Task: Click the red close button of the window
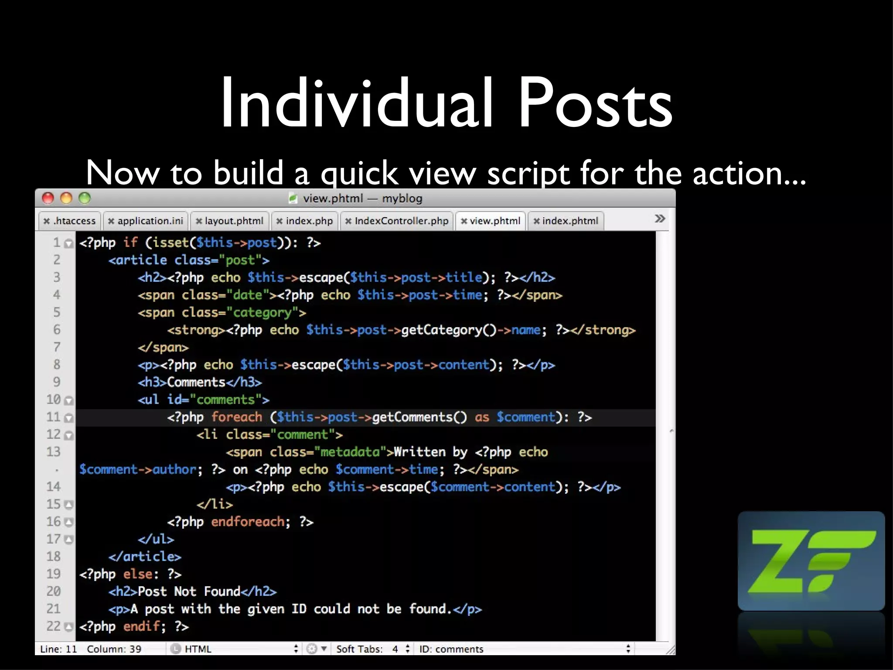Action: click(48, 198)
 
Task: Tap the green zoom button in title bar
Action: click(85, 198)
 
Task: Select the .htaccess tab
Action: click(70, 221)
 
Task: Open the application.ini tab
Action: click(146, 221)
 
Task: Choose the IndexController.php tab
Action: click(397, 221)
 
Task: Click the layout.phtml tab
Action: click(230, 221)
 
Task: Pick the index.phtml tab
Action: click(566, 221)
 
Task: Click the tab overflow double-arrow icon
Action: click(660, 219)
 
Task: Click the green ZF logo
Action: click(811, 561)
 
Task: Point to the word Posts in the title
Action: click(595, 104)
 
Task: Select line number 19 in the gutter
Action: click(54, 574)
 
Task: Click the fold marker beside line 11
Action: click(68, 418)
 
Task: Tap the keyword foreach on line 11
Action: click(237, 417)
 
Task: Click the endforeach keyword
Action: click(248, 522)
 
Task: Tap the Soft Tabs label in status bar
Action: click(359, 649)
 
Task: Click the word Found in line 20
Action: click(222, 591)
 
